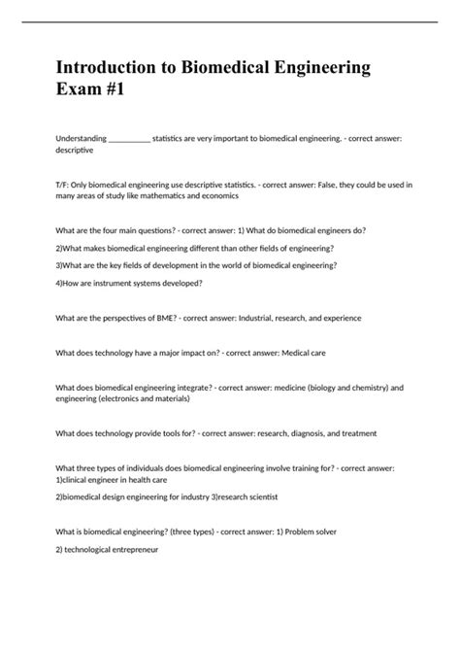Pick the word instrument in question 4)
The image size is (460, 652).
coord(106,283)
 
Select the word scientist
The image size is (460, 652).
coord(258,497)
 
